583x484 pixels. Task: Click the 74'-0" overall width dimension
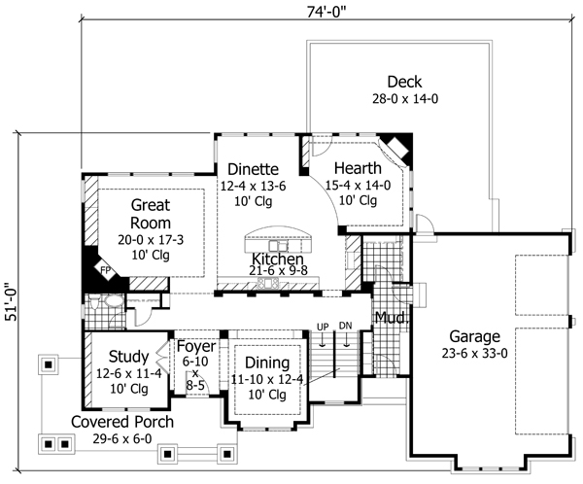point(326,12)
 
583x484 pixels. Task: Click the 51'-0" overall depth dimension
point(11,302)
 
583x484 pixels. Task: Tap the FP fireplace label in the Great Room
point(106,270)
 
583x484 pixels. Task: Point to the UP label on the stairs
point(323,327)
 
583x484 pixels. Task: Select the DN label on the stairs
point(345,326)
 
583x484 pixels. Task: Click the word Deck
point(404,82)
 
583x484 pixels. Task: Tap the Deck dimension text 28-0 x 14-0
point(405,99)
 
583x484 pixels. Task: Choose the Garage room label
point(474,337)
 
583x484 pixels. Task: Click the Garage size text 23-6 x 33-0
point(474,353)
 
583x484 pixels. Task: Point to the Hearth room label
point(358,168)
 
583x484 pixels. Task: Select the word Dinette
point(253,169)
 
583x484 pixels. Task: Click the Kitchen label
point(277,259)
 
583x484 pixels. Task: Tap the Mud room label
point(392,318)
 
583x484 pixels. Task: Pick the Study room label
point(128,357)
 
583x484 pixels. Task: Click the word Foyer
point(196,347)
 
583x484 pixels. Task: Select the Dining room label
point(267,363)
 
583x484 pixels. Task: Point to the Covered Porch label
point(122,422)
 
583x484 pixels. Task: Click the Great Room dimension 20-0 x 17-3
point(151,240)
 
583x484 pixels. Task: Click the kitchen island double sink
point(278,246)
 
